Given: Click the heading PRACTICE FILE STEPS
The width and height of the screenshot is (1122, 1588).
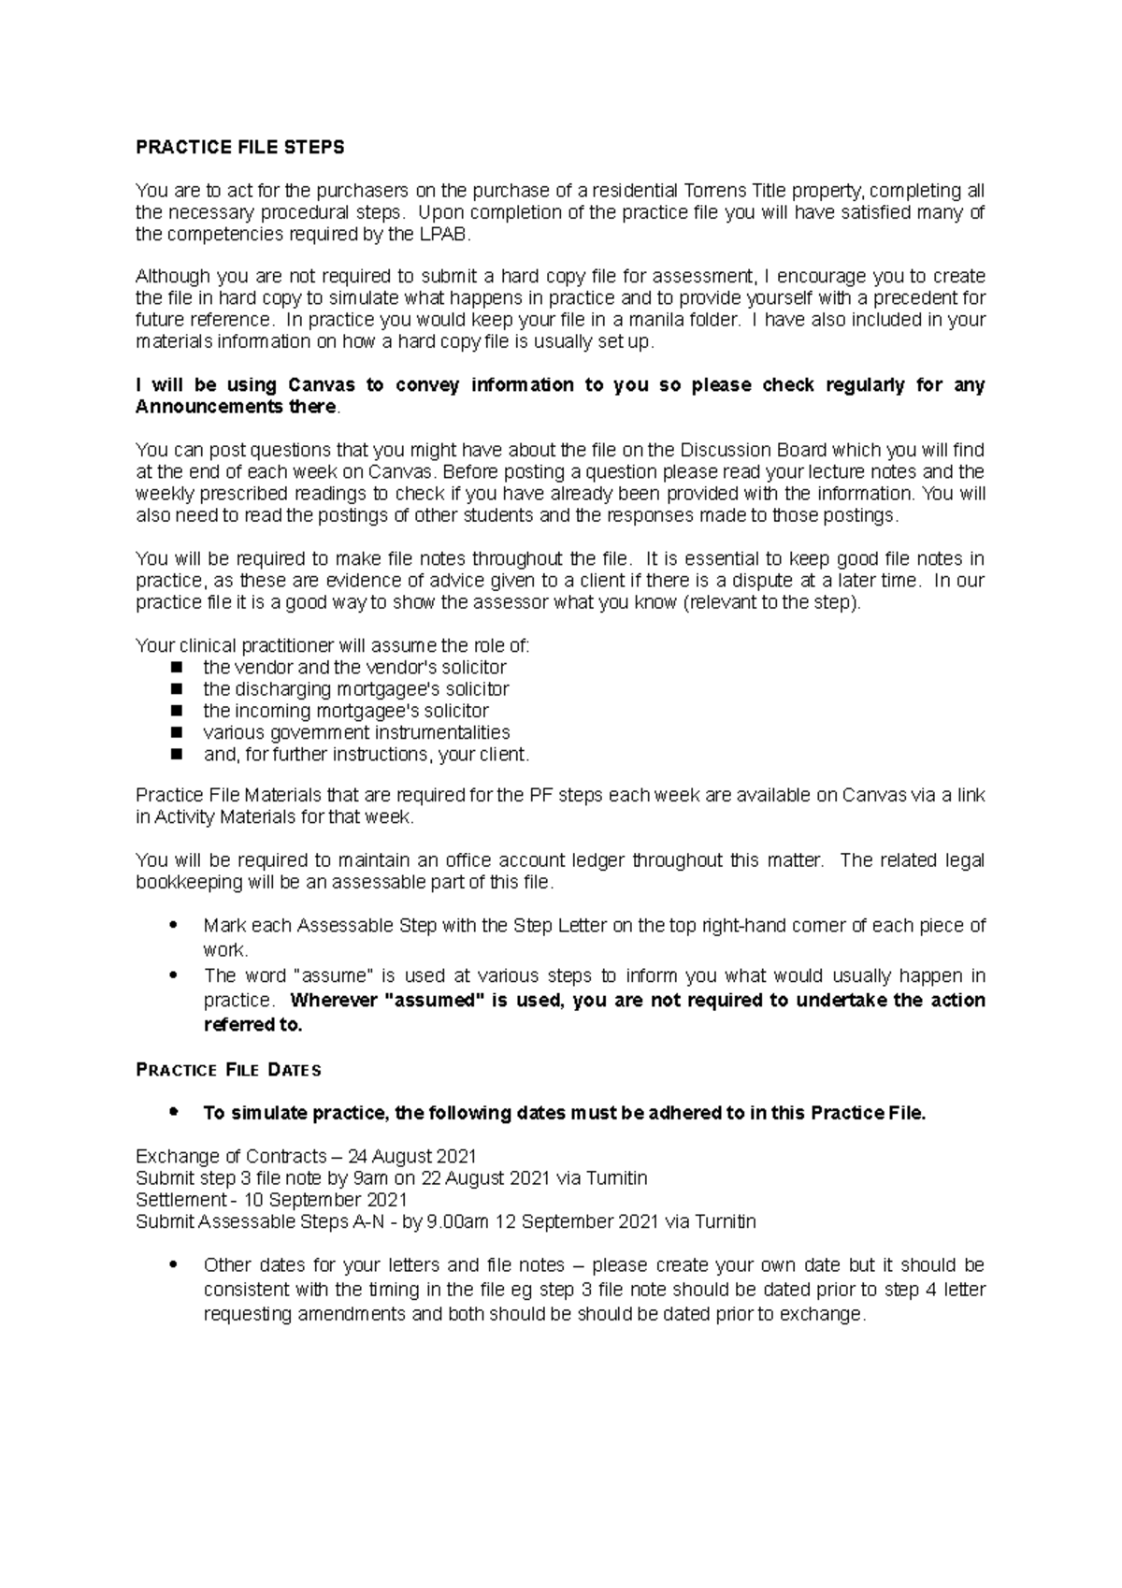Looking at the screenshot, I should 240,147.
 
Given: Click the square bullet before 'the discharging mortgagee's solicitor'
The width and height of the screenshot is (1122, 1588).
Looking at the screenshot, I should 176,689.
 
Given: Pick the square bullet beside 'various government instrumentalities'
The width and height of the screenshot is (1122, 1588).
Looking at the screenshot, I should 176,732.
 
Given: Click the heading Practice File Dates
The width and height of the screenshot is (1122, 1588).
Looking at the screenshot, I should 228,1070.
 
